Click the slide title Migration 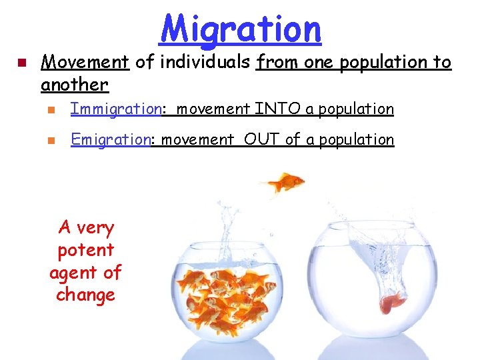click(x=241, y=29)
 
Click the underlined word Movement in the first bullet click(x=85, y=63)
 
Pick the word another click(x=74, y=85)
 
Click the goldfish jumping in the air click(x=285, y=182)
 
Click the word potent click(x=86, y=251)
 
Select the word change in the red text click(x=86, y=295)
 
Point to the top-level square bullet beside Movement click(x=21, y=64)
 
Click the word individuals click(x=201, y=63)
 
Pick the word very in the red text click(x=97, y=228)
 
